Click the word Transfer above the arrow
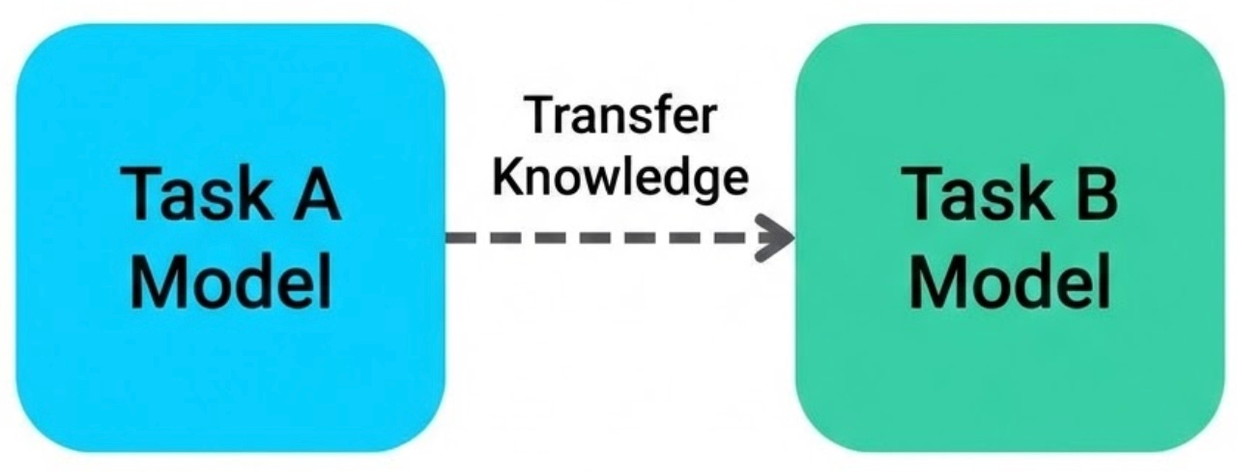click(x=621, y=117)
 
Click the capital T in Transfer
click(x=538, y=117)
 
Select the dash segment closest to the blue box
click(x=460, y=237)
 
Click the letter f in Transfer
click(x=661, y=116)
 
